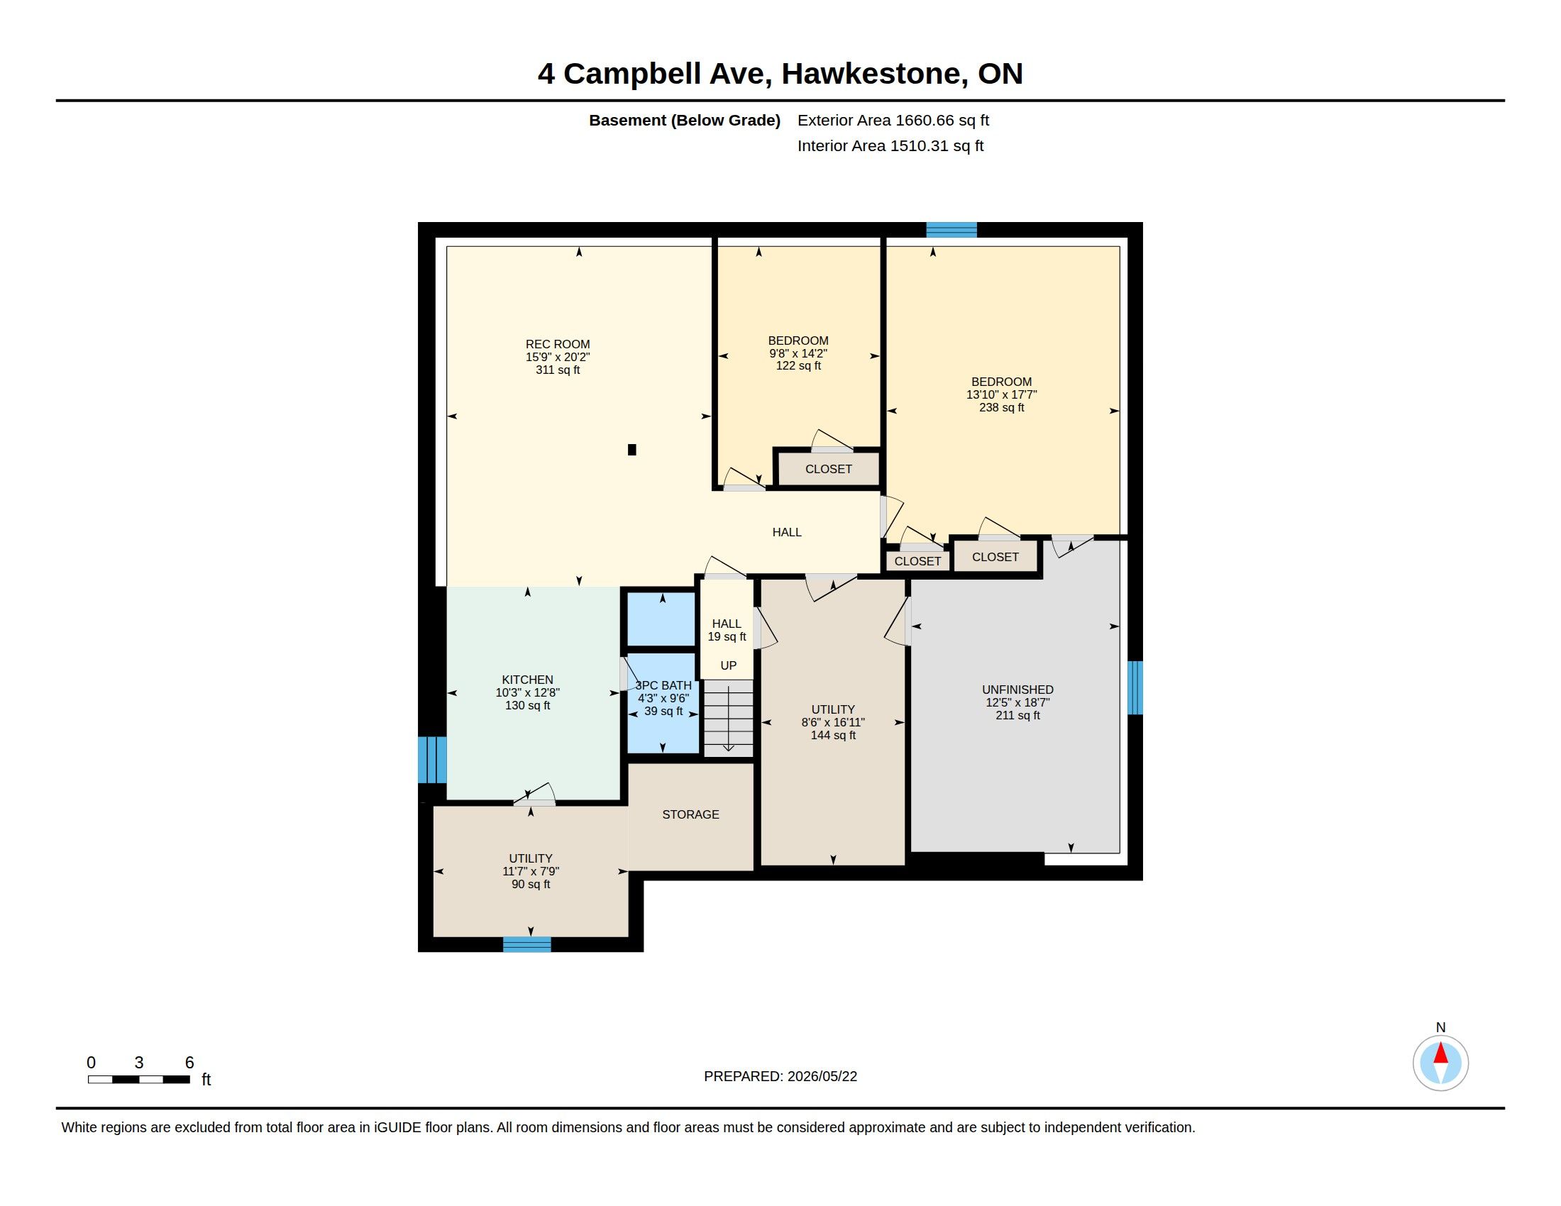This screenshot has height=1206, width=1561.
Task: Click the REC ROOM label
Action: pyautogui.click(x=558, y=344)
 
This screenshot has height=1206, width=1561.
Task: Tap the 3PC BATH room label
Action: pyautogui.click(x=663, y=685)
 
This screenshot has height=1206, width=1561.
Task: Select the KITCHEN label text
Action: pyautogui.click(x=527, y=680)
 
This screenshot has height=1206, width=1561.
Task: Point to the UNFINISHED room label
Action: pyautogui.click(x=1017, y=690)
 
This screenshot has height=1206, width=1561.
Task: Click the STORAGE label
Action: pyautogui.click(x=690, y=814)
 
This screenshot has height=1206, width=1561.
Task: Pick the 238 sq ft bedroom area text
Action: pyautogui.click(x=1001, y=407)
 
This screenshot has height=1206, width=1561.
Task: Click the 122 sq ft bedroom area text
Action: pyautogui.click(x=798, y=366)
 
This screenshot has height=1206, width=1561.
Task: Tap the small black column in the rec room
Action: pyautogui.click(x=631, y=449)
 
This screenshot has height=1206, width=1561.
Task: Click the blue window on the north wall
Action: pyautogui.click(x=952, y=229)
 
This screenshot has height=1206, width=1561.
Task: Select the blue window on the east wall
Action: pyautogui.click(x=1135, y=687)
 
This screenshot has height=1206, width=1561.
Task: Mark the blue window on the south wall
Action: pyautogui.click(x=526, y=944)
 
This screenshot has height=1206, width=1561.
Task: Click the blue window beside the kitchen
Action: pyautogui.click(x=431, y=760)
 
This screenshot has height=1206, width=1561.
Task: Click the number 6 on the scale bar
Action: pyautogui.click(x=189, y=1063)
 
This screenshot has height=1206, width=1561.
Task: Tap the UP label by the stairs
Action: pyautogui.click(x=728, y=665)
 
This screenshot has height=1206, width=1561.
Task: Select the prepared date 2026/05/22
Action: pyautogui.click(x=822, y=1076)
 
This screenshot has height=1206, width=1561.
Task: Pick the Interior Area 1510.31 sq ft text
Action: pyautogui.click(x=890, y=145)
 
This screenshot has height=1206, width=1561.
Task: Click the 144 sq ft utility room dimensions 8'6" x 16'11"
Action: pyautogui.click(x=834, y=722)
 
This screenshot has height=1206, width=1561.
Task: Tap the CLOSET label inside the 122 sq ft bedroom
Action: pyautogui.click(x=828, y=469)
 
